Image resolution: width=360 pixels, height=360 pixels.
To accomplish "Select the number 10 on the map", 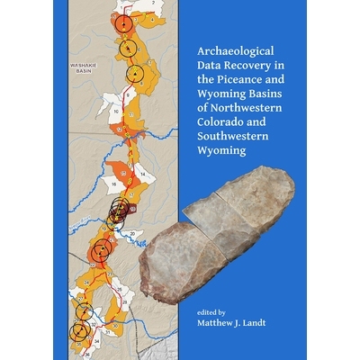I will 115,111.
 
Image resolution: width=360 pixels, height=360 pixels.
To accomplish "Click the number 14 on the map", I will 142,171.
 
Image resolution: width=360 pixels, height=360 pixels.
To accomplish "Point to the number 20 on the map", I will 132,233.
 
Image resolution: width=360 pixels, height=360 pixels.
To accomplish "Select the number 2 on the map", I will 152,4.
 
